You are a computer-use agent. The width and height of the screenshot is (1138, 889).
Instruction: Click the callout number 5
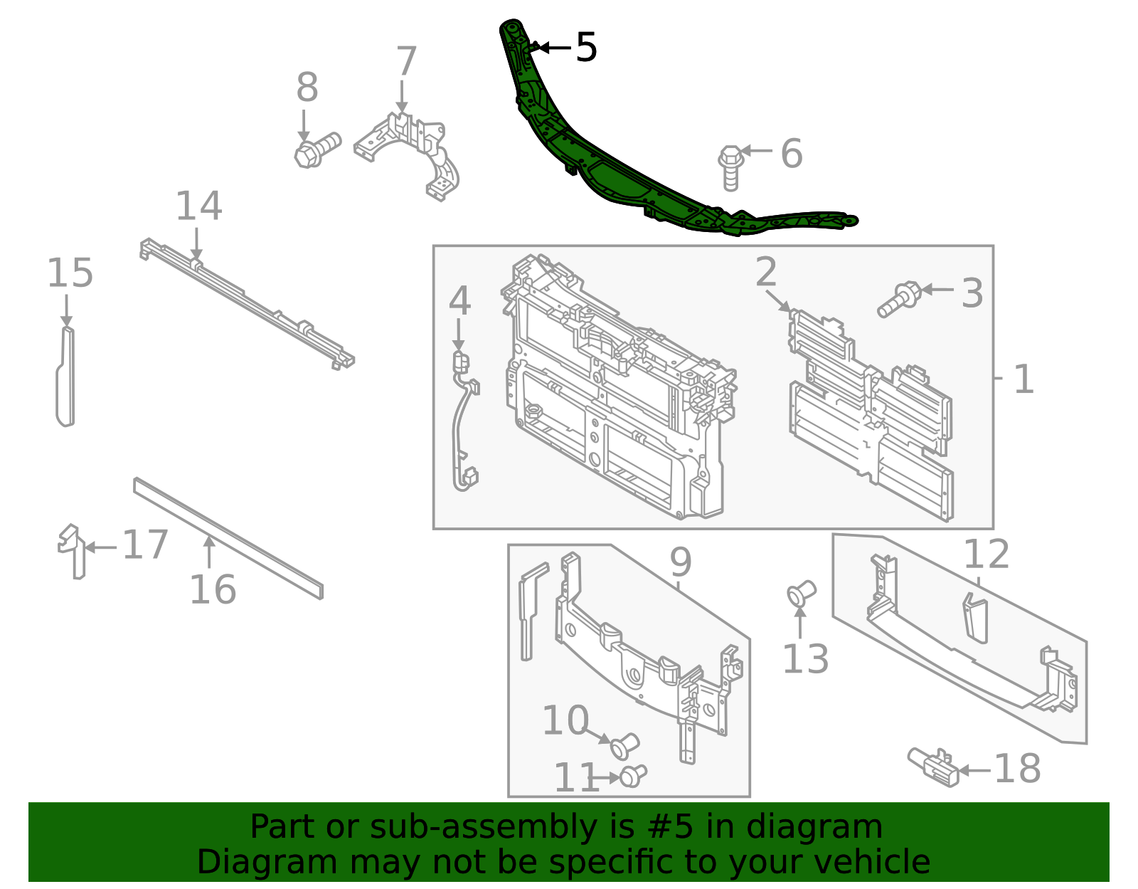pyautogui.click(x=586, y=48)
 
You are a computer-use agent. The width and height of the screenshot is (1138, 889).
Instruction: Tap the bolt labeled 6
pyautogui.click(x=730, y=167)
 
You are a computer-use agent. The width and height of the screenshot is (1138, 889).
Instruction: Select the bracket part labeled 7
pyautogui.click(x=413, y=153)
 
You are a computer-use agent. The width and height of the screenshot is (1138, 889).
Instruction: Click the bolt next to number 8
pyautogui.click(x=316, y=149)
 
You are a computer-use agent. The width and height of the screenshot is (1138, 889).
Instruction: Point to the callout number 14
pyautogui.click(x=198, y=206)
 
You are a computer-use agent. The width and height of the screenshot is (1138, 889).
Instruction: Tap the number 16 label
pyautogui.click(x=212, y=589)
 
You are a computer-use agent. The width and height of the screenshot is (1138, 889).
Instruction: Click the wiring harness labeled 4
pyautogui.click(x=461, y=420)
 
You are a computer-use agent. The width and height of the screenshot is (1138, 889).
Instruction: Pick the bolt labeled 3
pyautogui.click(x=899, y=298)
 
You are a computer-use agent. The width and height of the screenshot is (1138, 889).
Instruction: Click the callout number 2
pyautogui.click(x=766, y=273)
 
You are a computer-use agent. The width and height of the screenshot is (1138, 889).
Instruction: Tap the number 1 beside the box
pyautogui.click(x=1023, y=379)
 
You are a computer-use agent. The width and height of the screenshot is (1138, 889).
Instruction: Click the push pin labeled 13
pyautogui.click(x=801, y=593)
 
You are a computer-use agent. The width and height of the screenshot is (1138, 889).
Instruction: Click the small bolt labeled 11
pyautogui.click(x=632, y=775)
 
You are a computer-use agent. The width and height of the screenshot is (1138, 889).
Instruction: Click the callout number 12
pyautogui.click(x=986, y=554)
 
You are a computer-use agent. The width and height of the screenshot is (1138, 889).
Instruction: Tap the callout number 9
pyautogui.click(x=680, y=563)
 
